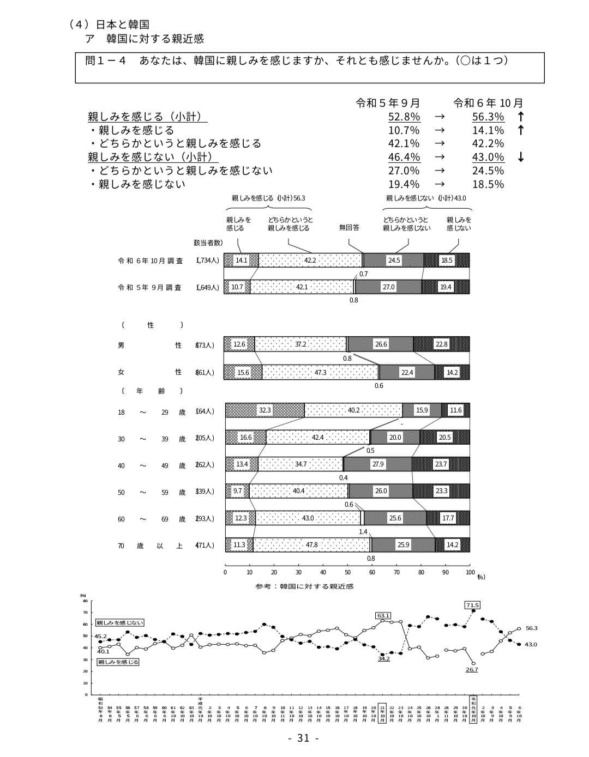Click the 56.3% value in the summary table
488,117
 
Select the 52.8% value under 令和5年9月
404,117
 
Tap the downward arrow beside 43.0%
521,158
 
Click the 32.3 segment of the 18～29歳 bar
265,410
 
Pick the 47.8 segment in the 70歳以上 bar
311,544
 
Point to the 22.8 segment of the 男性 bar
441,344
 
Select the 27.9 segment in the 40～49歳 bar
377,464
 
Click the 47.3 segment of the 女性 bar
320,372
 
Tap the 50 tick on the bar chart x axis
347,572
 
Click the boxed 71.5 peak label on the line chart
472,605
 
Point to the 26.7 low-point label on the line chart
472,669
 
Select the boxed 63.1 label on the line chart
383,615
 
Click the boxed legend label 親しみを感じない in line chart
120,622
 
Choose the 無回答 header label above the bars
349,228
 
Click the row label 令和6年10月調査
150,261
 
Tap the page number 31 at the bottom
303,738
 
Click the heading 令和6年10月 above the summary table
488,103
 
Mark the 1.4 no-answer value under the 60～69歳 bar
363,531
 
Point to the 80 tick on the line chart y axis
85,601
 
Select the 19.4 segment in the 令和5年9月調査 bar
446,287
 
